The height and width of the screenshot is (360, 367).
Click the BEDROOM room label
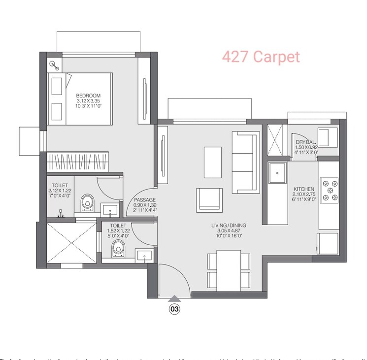pyautogui.click(x=88, y=96)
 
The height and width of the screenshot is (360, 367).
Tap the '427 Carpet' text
pyautogui.click(x=261, y=57)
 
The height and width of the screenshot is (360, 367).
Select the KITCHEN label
pyautogui.click(x=304, y=189)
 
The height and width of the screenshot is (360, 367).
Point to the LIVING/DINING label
pyautogui.click(x=229, y=226)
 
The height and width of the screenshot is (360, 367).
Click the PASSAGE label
pyautogui.click(x=145, y=200)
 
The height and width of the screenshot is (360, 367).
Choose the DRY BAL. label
pyautogui.click(x=306, y=141)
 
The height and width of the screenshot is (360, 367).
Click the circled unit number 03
pyautogui.click(x=174, y=309)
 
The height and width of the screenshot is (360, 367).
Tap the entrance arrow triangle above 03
pyautogui.click(x=174, y=298)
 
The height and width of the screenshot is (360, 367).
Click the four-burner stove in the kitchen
pyautogui.click(x=329, y=190)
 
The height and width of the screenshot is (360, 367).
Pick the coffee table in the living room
pyautogui.click(x=213, y=162)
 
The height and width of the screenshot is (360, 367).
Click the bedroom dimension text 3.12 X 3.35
pyautogui.click(x=88, y=101)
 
